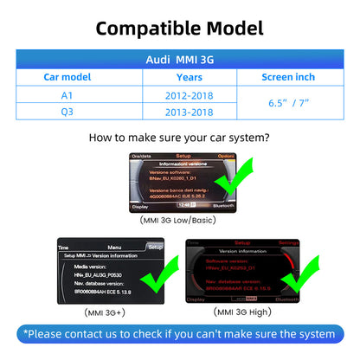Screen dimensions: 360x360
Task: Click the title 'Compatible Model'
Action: pos(179,27)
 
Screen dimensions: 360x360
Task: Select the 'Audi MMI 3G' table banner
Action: pos(179,60)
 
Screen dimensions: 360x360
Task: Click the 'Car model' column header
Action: pos(66,77)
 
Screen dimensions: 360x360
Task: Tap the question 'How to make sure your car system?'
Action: pos(179,138)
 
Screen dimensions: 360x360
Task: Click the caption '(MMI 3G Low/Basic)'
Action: pos(179,221)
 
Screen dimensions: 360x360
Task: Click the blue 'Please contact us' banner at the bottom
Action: pos(179,334)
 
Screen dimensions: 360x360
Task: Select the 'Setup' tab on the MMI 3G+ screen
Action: pos(154,247)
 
